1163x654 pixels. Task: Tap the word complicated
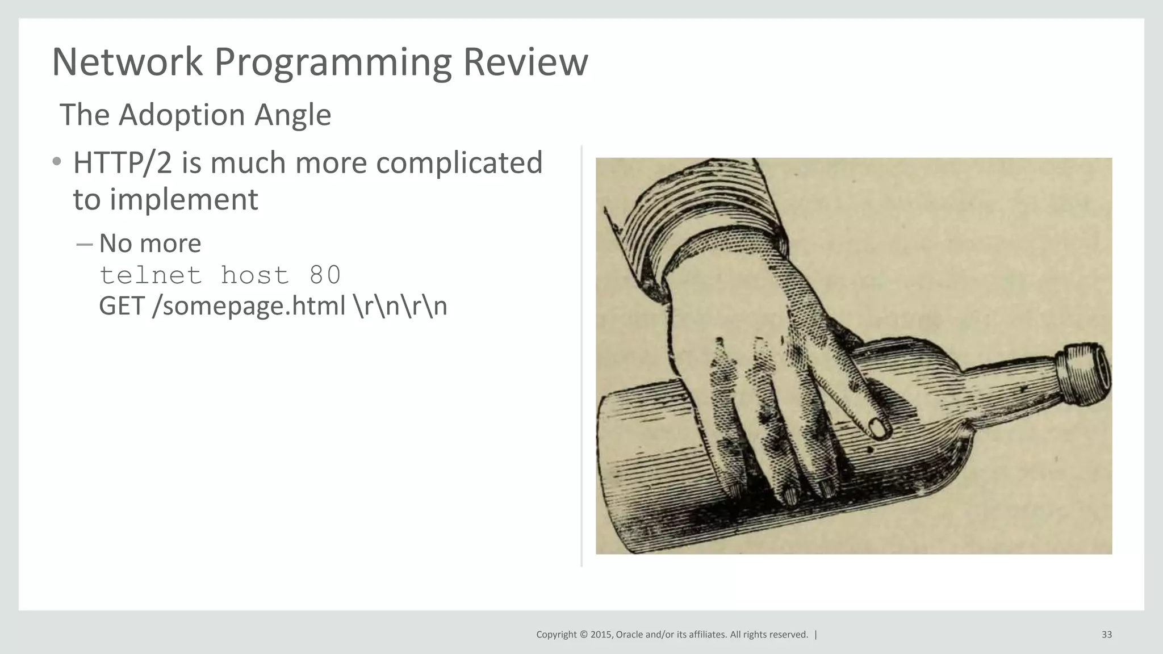[x=459, y=164]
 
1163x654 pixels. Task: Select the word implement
[x=183, y=200]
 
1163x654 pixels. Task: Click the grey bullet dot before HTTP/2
[x=56, y=162]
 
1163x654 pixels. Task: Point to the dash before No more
[x=84, y=244]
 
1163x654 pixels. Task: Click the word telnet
[x=150, y=275]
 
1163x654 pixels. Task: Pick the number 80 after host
[x=325, y=275]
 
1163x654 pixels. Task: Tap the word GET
[x=122, y=306]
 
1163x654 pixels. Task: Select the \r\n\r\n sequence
[x=400, y=306]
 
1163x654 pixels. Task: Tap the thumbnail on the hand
[x=878, y=428]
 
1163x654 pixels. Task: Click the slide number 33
[x=1106, y=635]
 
